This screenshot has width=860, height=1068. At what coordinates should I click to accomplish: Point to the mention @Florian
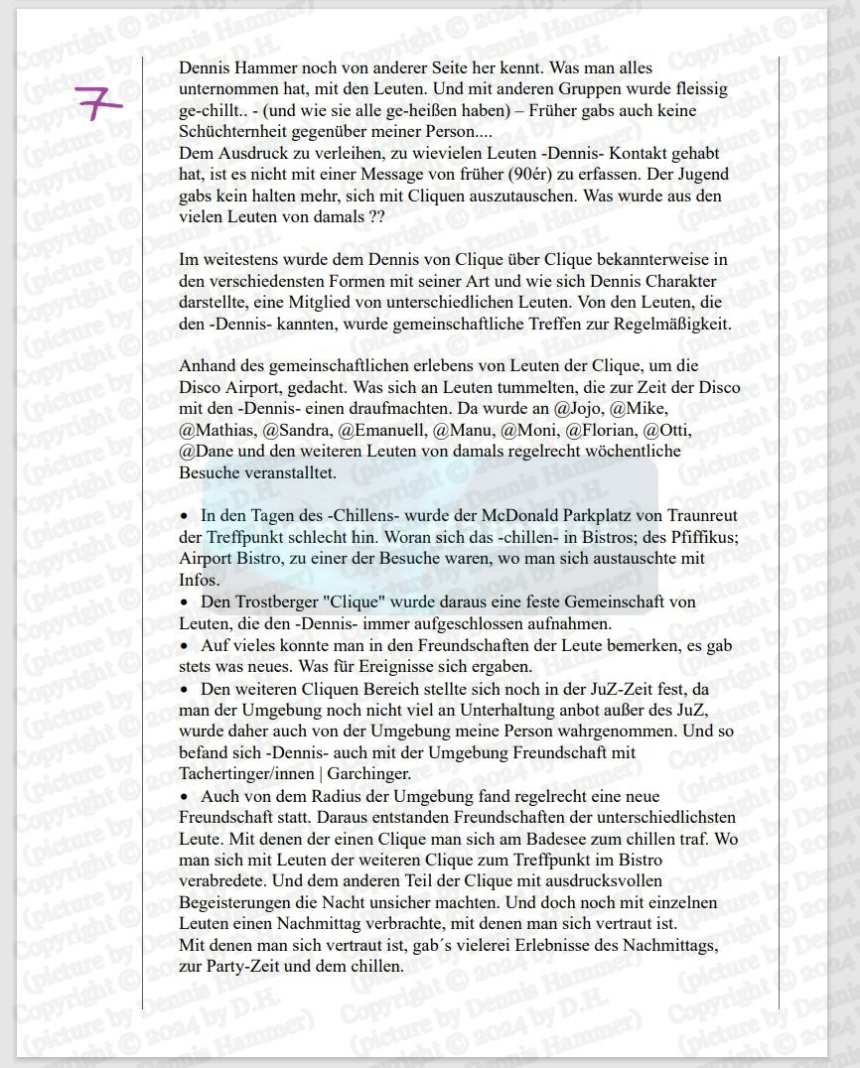pos(600,431)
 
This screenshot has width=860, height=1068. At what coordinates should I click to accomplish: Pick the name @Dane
pos(203,452)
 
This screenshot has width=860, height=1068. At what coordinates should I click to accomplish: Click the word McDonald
pos(499,516)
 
